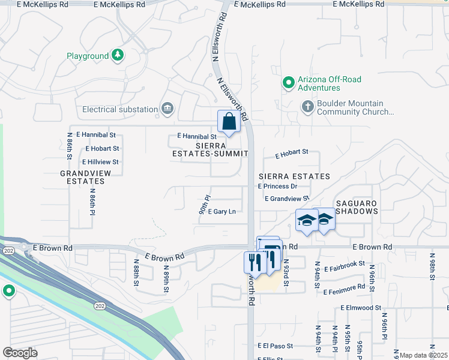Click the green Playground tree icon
[x=119, y=56]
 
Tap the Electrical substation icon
[x=167, y=109]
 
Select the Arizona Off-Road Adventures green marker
[x=289, y=83]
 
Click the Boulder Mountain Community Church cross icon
[x=307, y=107]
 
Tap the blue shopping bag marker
[x=229, y=121]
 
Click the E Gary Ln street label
[x=221, y=211]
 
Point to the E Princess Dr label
[x=277, y=187]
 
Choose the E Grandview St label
[x=286, y=198]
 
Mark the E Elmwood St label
[x=360, y=308]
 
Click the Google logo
[x=20, y=352]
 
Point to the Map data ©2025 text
[x=423, y=355]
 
